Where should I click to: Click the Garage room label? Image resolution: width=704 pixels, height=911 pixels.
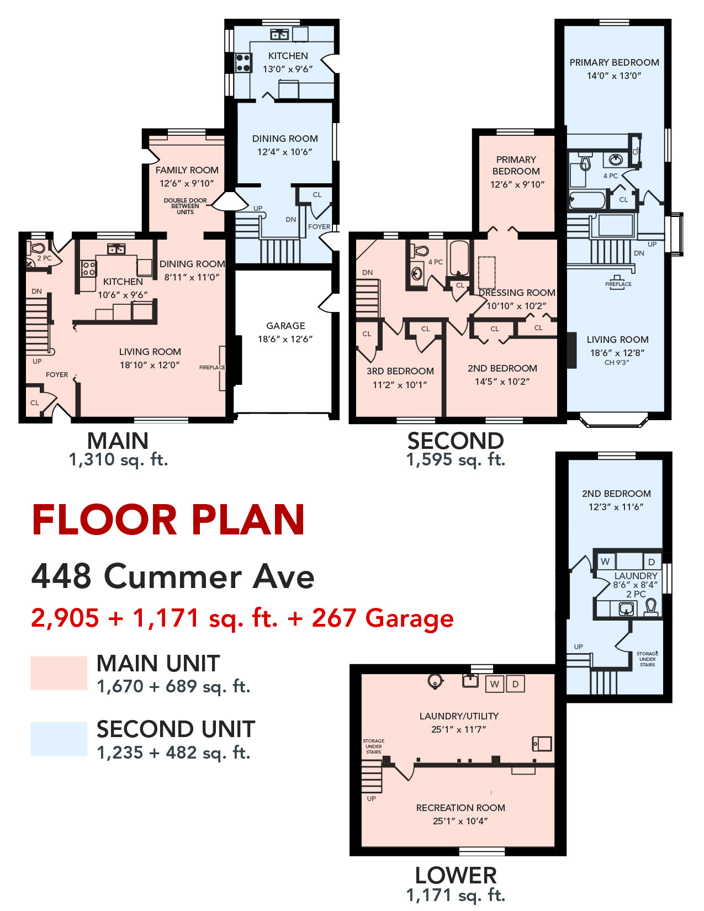[285, 325]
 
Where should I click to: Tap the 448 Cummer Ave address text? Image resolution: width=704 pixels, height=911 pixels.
[173, 576]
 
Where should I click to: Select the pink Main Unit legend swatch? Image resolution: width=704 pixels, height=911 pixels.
[59, 672]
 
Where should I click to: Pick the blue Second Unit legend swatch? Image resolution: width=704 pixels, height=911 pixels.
[59, 739]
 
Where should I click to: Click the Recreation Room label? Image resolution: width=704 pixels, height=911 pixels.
[460, 807]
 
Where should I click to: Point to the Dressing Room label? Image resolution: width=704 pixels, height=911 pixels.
[517, 293]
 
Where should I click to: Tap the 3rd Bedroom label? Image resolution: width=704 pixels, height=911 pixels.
[400, 371]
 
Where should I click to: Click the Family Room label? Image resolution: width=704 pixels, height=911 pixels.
[187, 170]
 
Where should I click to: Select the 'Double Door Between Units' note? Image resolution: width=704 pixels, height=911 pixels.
[185, 206]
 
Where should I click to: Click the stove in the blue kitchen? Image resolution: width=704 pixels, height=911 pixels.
[243, 63]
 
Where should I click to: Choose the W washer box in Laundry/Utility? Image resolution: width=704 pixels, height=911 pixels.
[494, 684]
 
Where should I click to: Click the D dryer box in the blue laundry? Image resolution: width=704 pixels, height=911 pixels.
[652, 562]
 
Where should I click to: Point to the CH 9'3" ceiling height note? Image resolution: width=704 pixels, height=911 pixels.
[617, 362]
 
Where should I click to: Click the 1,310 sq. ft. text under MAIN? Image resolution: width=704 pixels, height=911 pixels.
[118, 459]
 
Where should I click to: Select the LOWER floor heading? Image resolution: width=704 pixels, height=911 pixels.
[456, 875]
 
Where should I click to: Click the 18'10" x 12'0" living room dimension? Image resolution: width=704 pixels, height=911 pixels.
[150, 365]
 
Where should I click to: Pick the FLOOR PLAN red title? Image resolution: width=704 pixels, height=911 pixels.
[168, 520]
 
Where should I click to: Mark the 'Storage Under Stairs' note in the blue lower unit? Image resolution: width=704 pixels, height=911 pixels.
[647, 659]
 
